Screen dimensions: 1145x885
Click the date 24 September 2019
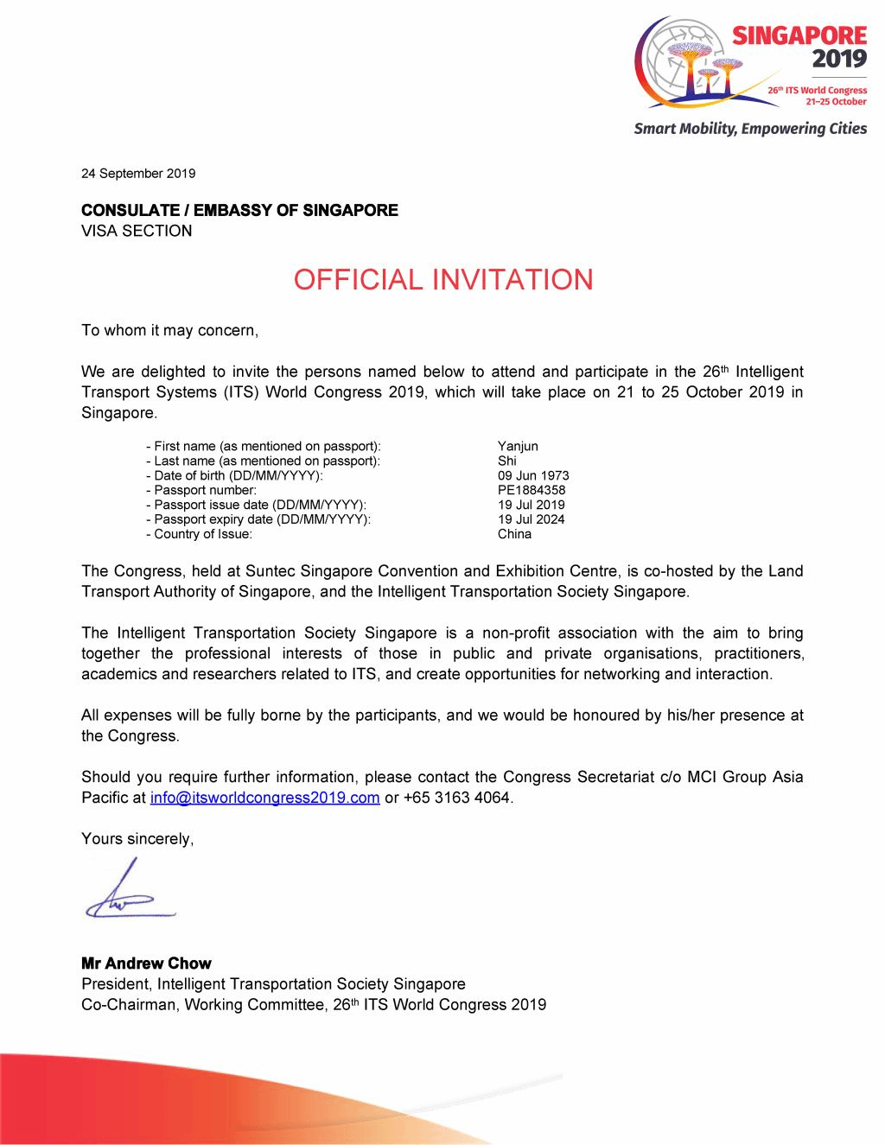138,173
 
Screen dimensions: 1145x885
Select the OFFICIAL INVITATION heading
442,280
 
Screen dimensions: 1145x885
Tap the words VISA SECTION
137,231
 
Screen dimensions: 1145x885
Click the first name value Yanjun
518,446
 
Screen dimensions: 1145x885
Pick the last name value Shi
507,461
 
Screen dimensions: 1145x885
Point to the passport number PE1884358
532,490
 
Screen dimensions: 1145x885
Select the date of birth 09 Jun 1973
533,475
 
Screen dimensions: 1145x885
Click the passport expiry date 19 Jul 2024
531,519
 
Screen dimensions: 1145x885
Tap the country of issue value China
514,534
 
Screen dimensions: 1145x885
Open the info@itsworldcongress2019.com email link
264,798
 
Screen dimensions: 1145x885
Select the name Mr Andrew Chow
146,963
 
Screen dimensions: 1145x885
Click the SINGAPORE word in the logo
799,35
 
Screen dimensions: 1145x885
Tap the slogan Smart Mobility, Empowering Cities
750,129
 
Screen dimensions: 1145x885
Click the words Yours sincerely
137,838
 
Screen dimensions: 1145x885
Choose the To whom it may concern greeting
169,330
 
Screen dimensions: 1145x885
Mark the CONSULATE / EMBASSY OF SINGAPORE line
239,210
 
